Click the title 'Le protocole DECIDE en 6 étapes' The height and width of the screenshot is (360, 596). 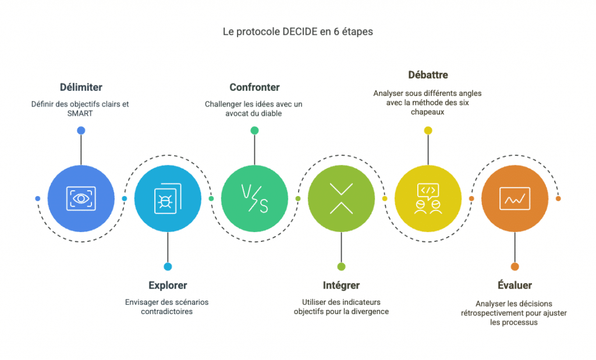(297, 31)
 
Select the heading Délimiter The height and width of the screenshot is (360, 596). (81, 87)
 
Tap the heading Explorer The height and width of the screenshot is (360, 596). (168, 286)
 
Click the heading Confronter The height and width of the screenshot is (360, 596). (254, 87)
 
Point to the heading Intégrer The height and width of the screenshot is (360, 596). (341, 286)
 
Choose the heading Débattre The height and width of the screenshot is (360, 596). (428, 75)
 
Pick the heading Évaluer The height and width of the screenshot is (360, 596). (515, 286)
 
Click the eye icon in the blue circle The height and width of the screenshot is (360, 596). (81, 198)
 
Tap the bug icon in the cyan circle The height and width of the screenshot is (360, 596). (168, 198)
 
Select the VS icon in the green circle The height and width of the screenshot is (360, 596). (254, 198)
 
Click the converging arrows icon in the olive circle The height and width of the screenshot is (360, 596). (341, 198)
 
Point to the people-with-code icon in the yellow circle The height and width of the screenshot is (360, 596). (428, 198)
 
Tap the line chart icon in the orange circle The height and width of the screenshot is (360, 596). (515, 198)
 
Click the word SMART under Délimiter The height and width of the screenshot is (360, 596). (81, 113)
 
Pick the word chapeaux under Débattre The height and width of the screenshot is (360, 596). (428, 112)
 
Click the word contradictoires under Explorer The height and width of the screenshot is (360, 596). (168, 312)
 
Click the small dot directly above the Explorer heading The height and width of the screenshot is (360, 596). (168, 266)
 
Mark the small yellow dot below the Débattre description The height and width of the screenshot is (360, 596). (428, 130)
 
